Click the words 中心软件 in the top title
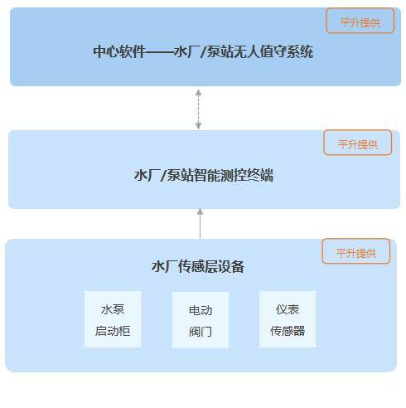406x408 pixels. pos(119,51)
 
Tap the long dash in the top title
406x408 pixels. pos(160,51)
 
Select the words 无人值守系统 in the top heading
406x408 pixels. pos(273,51)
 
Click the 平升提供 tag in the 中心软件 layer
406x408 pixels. pos(360,21)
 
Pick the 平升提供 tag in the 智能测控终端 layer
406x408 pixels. pos(358,143)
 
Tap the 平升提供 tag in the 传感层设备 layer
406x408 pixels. pos(355,251)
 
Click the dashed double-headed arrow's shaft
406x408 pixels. pos(198,109)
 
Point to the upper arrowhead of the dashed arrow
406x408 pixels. pos(198,92)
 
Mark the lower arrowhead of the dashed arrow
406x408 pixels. pos(198,126)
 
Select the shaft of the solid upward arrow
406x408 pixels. pos(200,226)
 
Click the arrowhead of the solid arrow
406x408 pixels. pos(200,211)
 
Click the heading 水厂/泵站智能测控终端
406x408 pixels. pos(204,175)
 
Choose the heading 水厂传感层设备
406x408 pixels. pos(198,267)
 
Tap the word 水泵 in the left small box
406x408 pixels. pos(113,309)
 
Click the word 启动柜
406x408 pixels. pos(113,331)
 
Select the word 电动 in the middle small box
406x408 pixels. pos(201,310)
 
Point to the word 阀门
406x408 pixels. pos(201,332)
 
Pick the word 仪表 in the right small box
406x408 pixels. pos(288,309)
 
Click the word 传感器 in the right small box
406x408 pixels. pos(288,331)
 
